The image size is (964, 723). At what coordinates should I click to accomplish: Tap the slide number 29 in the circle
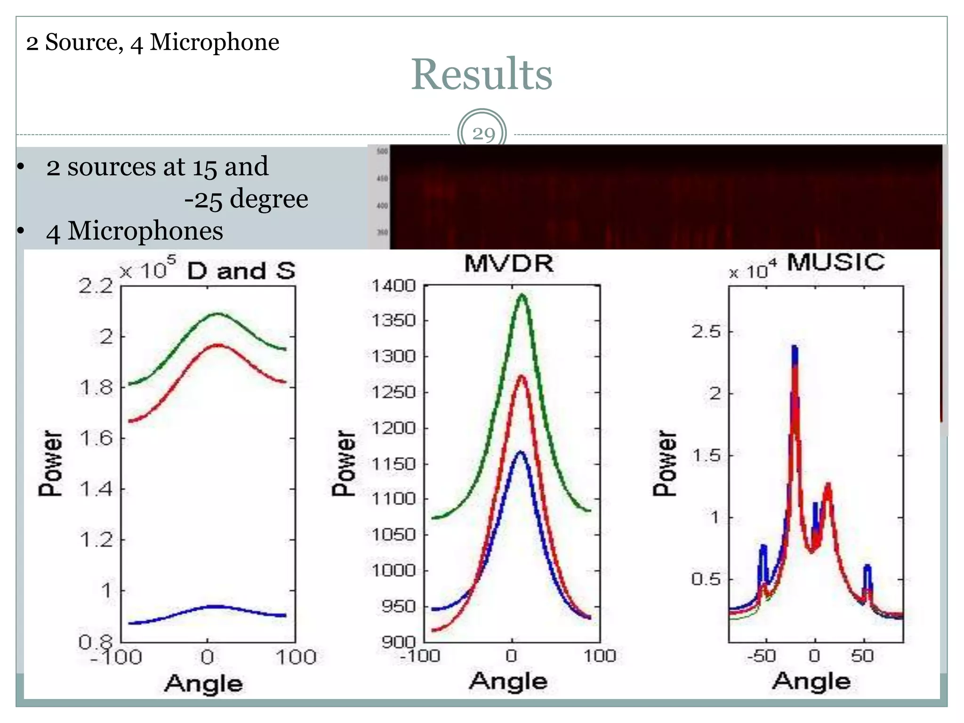483,134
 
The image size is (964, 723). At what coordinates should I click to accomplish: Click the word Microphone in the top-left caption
214,42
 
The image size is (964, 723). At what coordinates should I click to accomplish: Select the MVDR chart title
509,263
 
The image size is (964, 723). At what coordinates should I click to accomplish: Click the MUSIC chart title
835,262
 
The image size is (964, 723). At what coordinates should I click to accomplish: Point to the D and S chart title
241,271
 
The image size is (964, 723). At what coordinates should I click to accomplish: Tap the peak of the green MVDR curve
522,296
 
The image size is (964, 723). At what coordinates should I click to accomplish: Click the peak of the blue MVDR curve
520,452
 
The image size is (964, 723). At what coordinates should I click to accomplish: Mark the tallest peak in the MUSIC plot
795,347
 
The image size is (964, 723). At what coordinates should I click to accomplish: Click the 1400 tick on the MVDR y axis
394,285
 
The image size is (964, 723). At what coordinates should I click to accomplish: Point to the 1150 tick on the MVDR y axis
394,464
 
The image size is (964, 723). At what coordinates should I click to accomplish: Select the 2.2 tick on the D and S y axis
96,286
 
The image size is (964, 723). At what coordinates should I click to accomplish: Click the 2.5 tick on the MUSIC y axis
706,331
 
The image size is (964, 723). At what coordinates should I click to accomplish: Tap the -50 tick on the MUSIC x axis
761,656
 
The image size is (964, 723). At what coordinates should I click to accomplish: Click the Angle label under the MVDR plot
508,681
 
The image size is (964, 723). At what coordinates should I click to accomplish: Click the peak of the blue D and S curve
214,606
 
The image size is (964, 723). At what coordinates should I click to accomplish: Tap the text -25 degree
246,199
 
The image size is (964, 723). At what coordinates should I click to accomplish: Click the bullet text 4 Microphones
134,231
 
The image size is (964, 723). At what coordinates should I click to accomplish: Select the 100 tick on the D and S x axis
296,657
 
